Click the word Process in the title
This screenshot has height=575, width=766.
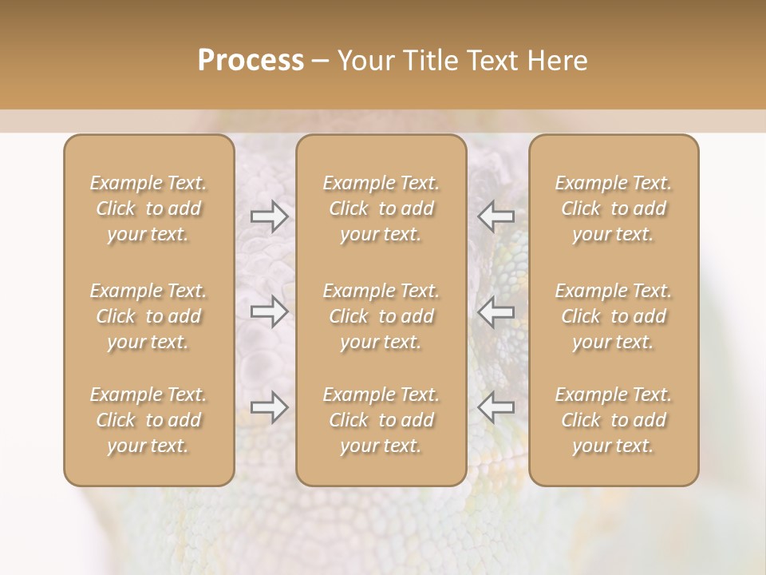click(x=251, y=61)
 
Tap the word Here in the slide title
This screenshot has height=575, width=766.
click(x=556, y=61)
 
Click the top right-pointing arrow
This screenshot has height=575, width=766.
click(x=270, y=216)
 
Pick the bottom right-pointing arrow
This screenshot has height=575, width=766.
click(x=270, y=407)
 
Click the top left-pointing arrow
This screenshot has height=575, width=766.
click(x=496, y=216)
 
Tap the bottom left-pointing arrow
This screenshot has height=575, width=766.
click(x=496, y=407)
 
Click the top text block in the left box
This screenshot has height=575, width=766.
click(x=148, y=208)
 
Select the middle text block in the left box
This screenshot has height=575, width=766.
click(x=148, y=316)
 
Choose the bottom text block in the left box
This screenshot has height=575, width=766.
click(x=148, y=420)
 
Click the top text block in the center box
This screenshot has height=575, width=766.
click(x=381, y=208)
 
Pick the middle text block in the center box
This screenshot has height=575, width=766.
click(x=381, y=316)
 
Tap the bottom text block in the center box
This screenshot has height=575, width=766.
click(x=381, y=420)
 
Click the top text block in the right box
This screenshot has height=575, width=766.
click(x=614, y=208)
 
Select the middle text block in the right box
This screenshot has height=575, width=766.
click(x=614, y=316)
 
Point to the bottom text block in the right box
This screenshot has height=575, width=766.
click(x=614, y=420)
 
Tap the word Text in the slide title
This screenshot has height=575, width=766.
click(x=490, y=61)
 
